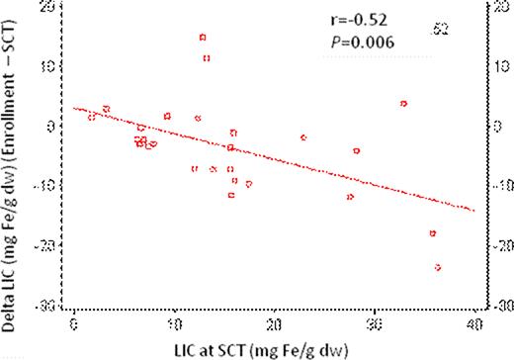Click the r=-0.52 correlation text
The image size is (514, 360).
(361, 20)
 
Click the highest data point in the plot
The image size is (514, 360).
(203, 38)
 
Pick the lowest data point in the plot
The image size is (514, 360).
(437, 267)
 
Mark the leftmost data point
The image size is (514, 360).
(92, 117)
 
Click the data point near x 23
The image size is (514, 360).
(303, 137)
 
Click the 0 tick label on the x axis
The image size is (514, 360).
(74, 322)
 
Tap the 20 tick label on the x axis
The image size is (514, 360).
(274, 322)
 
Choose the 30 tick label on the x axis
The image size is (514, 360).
(374, 322)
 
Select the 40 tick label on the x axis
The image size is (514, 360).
(473, 322)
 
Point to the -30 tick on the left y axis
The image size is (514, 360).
(45, 305)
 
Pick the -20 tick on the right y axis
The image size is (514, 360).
(500, 244)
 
